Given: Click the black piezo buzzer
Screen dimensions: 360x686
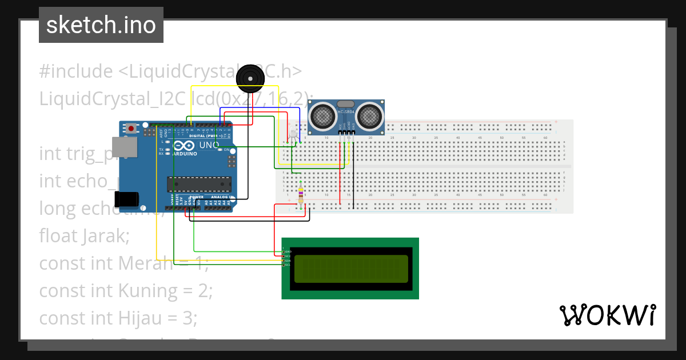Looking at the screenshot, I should click(250, 78).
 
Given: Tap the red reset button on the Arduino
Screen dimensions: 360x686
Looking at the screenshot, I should click(132, 129).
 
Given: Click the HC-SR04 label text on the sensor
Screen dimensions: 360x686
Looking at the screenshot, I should click(346, 112).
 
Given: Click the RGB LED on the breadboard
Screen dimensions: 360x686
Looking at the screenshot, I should click(293, 135).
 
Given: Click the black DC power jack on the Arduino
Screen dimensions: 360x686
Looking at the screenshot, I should click(126, 199).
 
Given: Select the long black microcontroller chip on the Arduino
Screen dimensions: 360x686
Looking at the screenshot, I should click(199, 184).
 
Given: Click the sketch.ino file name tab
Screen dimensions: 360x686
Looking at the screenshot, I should click(101, 25).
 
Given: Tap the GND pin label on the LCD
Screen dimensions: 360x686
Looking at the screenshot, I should click(288, 251).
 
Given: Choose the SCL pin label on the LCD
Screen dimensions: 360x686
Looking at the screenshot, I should click(288, 265).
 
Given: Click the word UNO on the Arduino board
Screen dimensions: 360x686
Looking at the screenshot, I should click(209, 145).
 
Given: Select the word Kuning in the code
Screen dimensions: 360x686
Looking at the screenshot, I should click(148, 290).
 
